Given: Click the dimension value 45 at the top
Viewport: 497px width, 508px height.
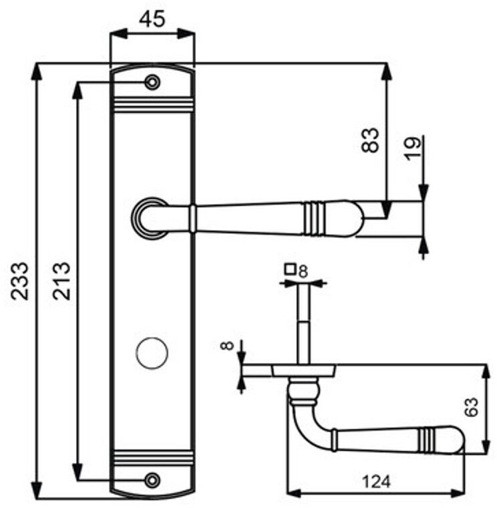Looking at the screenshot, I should [152, 19].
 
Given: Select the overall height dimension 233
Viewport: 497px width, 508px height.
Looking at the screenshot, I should [21, 280].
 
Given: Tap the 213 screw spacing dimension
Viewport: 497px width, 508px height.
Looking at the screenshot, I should [61, 280].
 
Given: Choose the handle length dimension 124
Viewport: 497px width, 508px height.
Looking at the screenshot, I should [376, 481].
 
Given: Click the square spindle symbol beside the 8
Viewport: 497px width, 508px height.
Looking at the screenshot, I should [290, 269].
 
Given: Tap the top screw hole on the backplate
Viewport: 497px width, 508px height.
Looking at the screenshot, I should [153, 82].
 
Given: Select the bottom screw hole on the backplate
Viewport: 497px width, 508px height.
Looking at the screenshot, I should [153, 479].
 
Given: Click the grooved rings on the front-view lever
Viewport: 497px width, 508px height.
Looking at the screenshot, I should [313, 218].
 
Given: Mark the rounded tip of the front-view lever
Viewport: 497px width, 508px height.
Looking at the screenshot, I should [354, 218].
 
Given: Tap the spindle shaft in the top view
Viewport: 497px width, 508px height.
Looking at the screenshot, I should [304, 321].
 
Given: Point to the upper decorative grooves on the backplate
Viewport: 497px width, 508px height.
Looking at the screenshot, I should [153, 105].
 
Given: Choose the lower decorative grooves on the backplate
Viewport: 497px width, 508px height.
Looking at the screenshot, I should [153, 459].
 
